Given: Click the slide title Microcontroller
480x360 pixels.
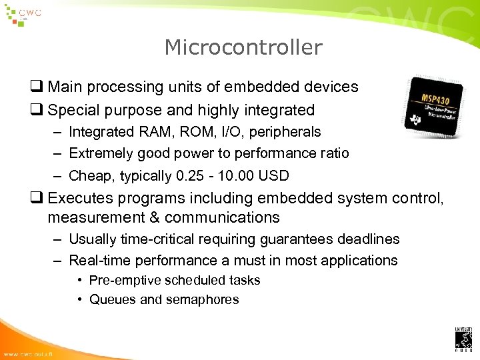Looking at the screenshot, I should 243,48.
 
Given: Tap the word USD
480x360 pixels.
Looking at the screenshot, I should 274,176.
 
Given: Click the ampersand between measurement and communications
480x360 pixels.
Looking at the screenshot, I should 154,218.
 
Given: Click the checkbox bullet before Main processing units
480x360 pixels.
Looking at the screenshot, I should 37,87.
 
